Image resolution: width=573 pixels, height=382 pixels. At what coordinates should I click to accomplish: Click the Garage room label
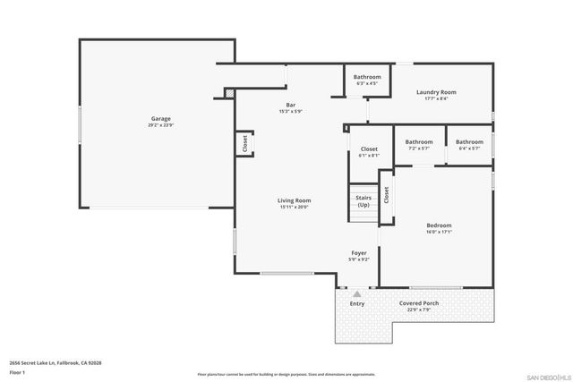(160, 119)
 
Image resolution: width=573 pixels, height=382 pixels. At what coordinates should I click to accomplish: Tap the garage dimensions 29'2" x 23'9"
(160, 125)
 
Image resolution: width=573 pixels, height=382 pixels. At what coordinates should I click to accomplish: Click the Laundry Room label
(436, 92)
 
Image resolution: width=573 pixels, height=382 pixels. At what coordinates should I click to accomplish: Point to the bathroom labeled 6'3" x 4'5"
(366, 78)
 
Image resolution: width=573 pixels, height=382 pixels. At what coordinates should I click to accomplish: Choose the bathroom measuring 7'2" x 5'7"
(419, 142)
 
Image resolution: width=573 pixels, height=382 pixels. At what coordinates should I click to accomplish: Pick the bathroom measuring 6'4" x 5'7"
(469, 142)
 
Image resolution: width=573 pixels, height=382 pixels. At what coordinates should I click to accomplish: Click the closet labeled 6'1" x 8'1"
(369, 149)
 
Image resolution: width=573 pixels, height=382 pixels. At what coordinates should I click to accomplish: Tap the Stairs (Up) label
(363, 201)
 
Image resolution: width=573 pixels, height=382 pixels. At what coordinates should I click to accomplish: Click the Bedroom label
(439, 225)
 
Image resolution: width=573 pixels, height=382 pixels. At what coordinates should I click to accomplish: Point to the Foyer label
(358, 253)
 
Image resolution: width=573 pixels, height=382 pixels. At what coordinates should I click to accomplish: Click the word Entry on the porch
(357, 304)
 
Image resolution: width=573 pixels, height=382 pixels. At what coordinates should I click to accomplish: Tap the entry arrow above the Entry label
(357, 293)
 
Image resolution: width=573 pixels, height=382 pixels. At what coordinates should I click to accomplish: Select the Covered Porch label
(420, 303)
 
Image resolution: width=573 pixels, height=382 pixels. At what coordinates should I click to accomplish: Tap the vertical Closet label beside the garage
(244, 144)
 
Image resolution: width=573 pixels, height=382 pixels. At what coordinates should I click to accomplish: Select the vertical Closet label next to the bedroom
(386, 194)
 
